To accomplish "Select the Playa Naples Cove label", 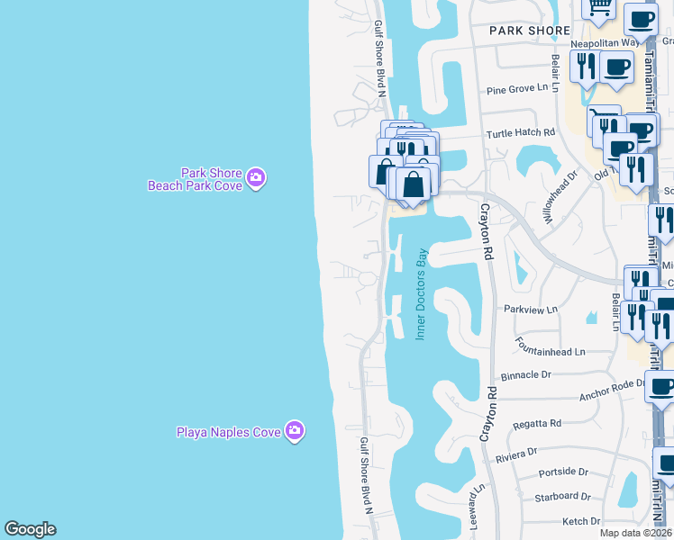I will pos(228,432).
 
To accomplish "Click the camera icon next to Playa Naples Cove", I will pos(294,432).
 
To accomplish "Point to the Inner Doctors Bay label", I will pos(420,293).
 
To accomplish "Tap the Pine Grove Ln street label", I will pos(516,89).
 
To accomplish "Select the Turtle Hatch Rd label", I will pos(521,133).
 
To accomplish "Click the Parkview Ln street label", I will pos(531,309).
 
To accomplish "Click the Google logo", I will pos(30,529).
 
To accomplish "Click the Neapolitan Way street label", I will pos(605,42).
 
